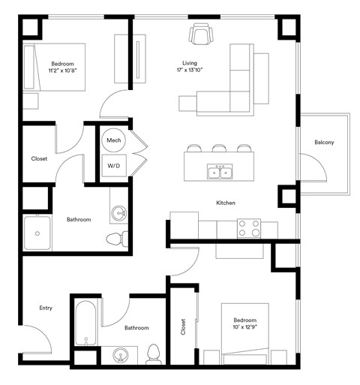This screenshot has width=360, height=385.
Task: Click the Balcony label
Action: [x=324, y=143]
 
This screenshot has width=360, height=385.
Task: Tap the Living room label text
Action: [x=190, y=62]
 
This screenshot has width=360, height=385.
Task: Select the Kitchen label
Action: [x=226, y=203]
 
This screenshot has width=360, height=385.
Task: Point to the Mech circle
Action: [x=114, y=140]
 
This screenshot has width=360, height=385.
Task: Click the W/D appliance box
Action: [x=114, y=165]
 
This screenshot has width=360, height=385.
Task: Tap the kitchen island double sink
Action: [x=220, y=173]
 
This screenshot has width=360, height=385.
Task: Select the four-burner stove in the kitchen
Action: [x=248, y=228]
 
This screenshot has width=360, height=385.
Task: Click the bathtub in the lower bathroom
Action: [x=85, y=323]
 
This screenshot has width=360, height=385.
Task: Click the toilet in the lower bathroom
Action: [x=154, y=353]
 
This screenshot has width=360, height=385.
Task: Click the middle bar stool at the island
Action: [x=220, y=149]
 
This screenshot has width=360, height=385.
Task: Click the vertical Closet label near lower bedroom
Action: [x=184, y=328]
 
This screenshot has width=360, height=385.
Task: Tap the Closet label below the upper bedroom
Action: [x=39, y=158]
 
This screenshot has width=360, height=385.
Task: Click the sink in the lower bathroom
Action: [x=120, y=354]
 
